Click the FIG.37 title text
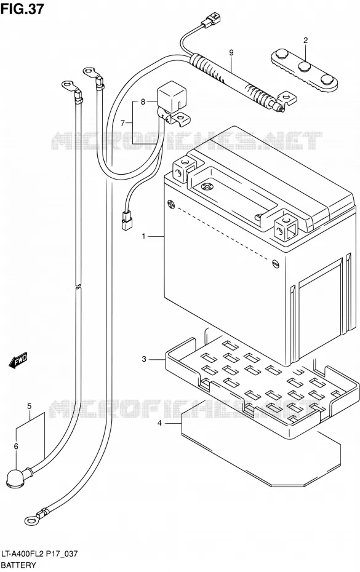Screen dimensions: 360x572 coord(22,9)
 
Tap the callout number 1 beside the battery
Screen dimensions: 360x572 coord(144,237)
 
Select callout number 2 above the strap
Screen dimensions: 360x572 coord(306,41)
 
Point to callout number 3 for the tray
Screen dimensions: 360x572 coord(144,359)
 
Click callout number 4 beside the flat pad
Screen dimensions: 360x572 coord(159,423)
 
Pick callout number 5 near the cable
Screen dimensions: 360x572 coord(29,406)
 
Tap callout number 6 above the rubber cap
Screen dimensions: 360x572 coord(16,446)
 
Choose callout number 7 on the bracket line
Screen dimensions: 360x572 coord(123,122)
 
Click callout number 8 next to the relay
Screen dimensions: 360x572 coord(143,101)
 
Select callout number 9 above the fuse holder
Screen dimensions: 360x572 coord(231,53)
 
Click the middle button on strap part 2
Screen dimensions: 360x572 coord(305,67)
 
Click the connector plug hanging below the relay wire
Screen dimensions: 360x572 coord(126,221)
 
